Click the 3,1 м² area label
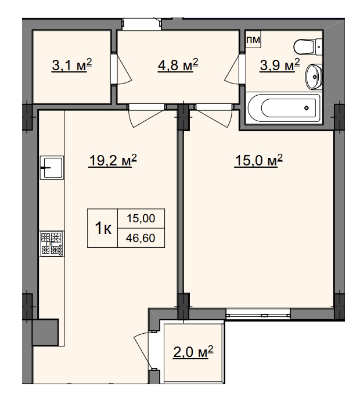point(71,66)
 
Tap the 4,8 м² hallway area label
point(178,66)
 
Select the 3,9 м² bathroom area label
point(280,66)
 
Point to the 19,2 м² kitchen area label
point(113,161)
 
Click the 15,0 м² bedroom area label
point(258,161)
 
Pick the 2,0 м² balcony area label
point(193,352)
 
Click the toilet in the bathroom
point(308,46)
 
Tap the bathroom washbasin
point(314,77)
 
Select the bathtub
point(284,108)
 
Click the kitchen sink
point(52,168)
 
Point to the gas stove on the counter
point(52,243)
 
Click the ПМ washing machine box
point(254,39)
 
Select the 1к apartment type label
point(103,228)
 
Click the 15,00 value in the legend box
point(141,218)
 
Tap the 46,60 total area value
point(141,238)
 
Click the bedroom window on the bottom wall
point(258,314)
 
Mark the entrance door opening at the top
point(142,24)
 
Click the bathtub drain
point(307,108)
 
